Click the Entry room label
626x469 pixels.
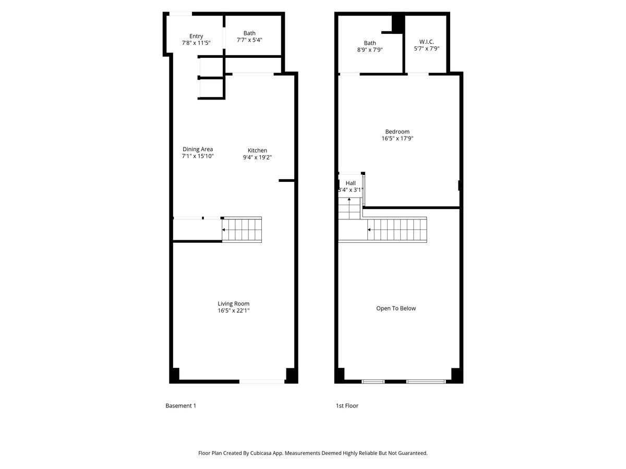(196, 36)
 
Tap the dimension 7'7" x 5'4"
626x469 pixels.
(249, 40)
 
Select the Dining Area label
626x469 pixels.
(198, 149)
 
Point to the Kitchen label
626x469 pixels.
(257, 151)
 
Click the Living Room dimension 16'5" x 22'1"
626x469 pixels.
(234, 311)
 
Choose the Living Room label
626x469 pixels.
(234, 304)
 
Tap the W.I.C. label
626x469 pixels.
(427, 42)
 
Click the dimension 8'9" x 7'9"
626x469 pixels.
(370, 50)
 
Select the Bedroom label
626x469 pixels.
(398, 132)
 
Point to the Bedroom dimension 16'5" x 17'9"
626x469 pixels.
(398, 139)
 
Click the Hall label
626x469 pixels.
(351, 183)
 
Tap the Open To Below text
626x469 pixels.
(396, 308)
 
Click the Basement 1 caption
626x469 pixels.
(180, 405)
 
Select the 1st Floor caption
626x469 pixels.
(347, 405)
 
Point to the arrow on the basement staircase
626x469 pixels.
(224, 229)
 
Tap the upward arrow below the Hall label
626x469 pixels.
(350, 200)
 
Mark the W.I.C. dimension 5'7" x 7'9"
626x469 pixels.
(427, 48)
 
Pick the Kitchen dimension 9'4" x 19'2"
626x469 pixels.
(257, 157)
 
